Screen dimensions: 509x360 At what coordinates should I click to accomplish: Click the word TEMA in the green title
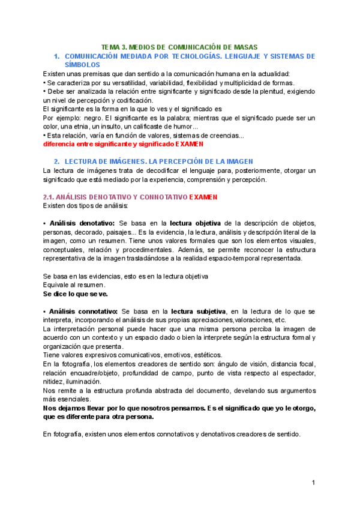point(110,47)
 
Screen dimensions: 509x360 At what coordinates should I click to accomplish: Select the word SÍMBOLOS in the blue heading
point(82,64)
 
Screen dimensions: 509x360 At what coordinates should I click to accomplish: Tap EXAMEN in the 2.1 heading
point(203,197)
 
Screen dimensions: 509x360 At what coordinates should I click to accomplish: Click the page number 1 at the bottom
point(313,483)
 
